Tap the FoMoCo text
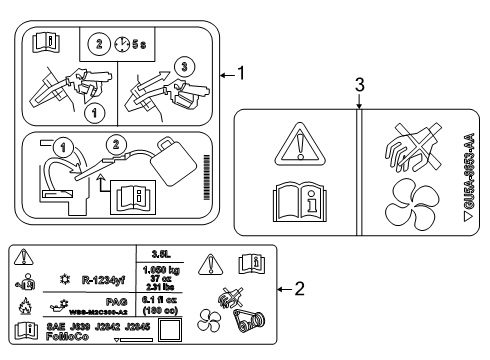66,337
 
